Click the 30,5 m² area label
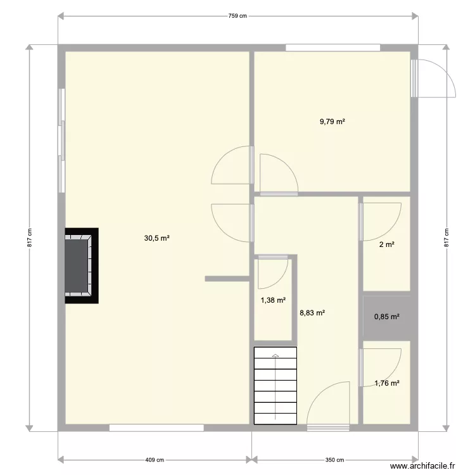tap(157, 238)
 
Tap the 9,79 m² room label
tap(332, 122)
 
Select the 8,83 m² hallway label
tap(312, 312)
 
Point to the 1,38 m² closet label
tap(274, 301)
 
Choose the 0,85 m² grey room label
tap(387, 317)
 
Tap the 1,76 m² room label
tap(387, 383)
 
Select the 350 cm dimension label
tap(335, 460)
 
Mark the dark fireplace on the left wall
tap(81, 266)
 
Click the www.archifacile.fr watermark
tap(423, 465)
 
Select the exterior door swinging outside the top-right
tap(434, 78)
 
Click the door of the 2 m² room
tap(380, 220)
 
